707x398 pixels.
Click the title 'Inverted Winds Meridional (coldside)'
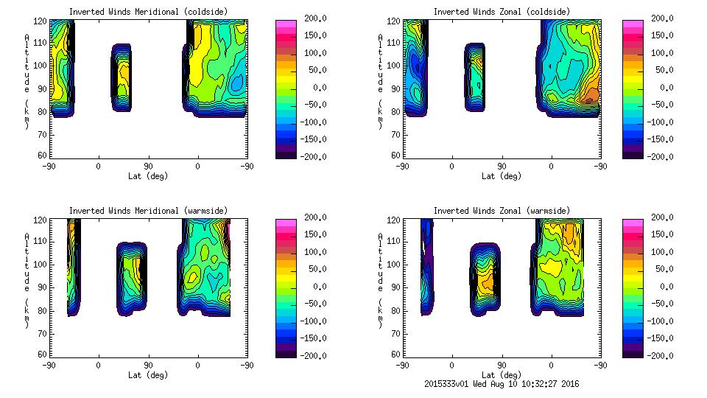(148, 12)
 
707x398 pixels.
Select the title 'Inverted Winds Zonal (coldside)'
(502, 12)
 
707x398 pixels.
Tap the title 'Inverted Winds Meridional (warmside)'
(148, 211)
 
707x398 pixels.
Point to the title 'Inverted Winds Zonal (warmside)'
(502, 211)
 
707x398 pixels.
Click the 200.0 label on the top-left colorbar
(312, 18)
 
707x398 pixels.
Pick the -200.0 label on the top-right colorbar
(660, 156)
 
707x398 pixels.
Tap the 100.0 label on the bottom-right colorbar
(660, 252)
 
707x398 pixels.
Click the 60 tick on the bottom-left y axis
(44, 355)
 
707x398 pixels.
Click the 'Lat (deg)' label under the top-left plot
(148, 176)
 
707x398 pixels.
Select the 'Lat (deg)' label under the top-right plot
(502, 176)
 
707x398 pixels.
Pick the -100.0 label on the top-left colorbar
(310, 122)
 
